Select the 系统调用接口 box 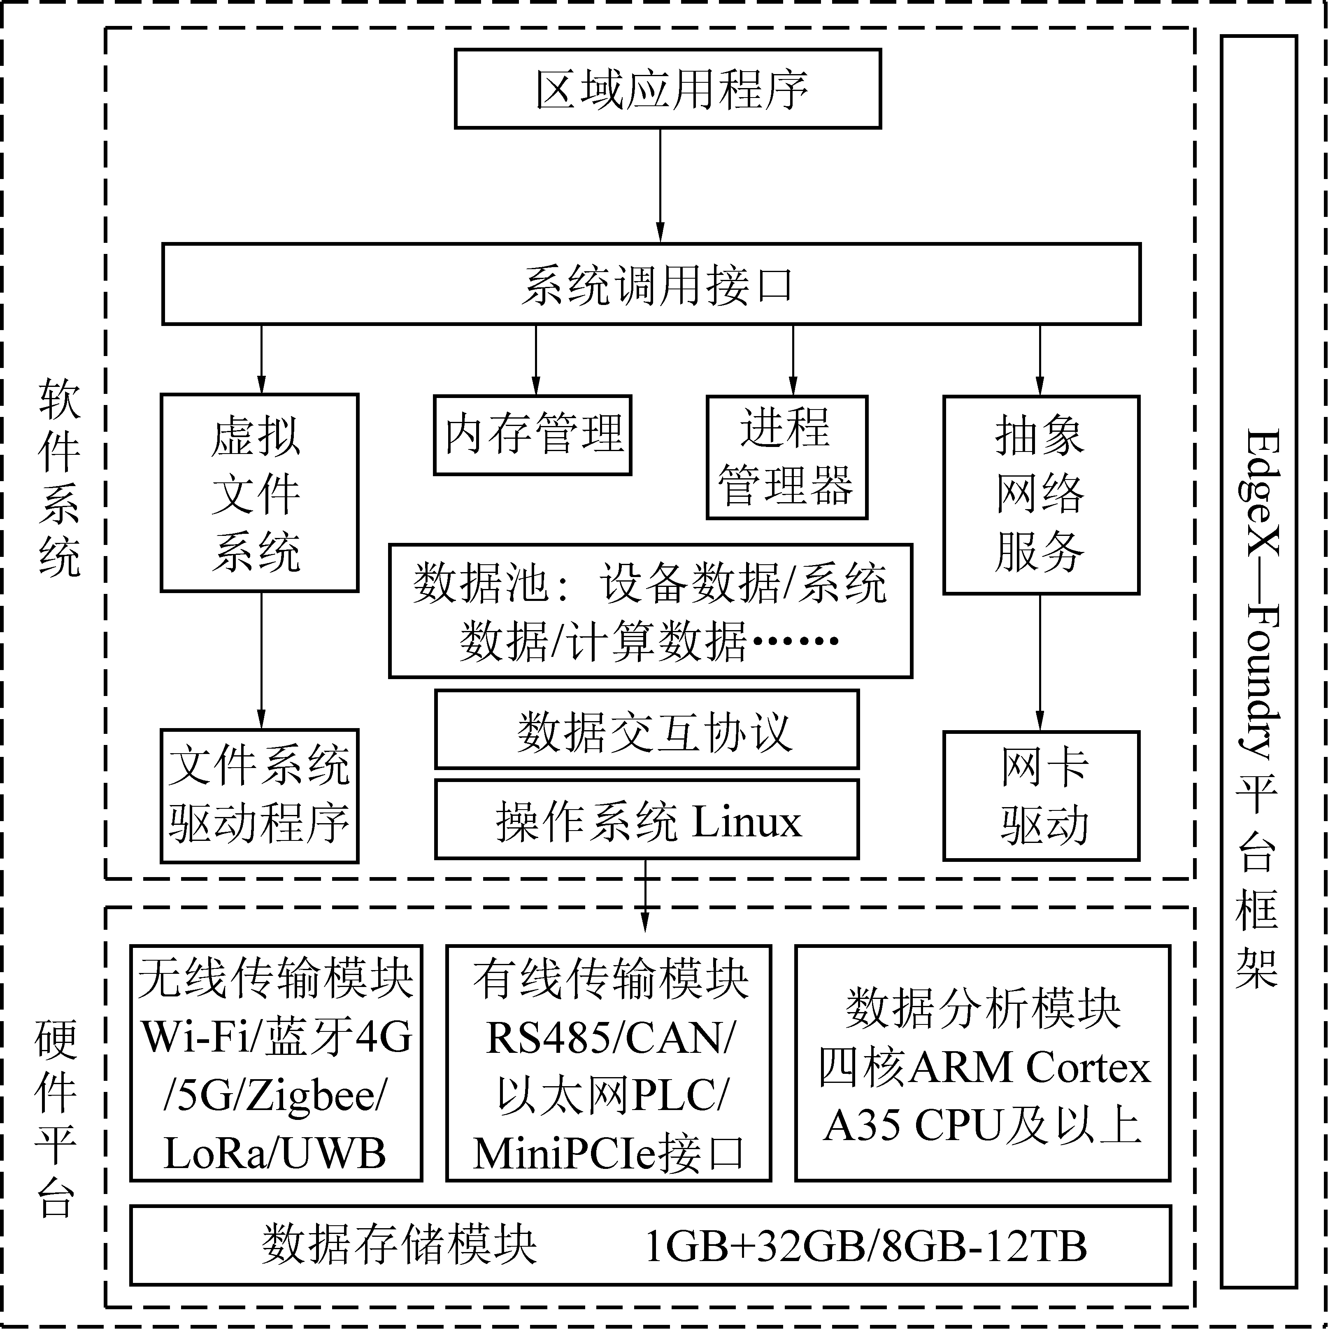[x=651, y=284]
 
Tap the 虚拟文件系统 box [x=259, y=493]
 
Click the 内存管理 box [x=532, y=435]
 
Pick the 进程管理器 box [x=787, y=457]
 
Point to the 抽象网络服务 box [x=1040, y=495]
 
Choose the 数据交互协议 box [x=647, y=729]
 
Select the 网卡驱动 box [x=1040, y=796]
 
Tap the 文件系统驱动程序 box [x=259, y=796]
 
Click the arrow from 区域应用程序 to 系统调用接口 [x=660, y=186]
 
